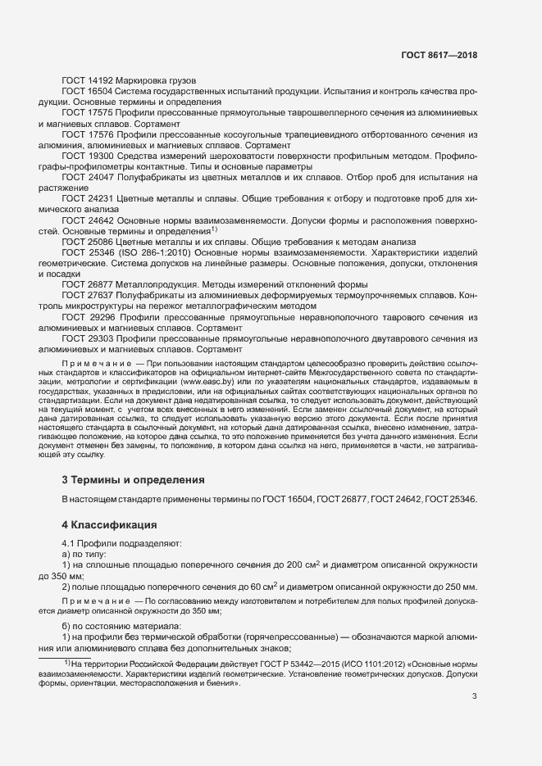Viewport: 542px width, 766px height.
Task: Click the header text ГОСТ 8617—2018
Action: (x=439, y=56)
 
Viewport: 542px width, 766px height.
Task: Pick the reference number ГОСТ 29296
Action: (x=90, y=316)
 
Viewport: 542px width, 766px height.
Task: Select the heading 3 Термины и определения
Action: (x=134, y=479)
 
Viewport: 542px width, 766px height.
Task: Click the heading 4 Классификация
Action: (x=110, y=524)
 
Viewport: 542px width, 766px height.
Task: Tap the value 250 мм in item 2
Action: (x=458, y=587)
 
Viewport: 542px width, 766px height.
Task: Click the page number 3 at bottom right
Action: (x=474, y=696)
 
